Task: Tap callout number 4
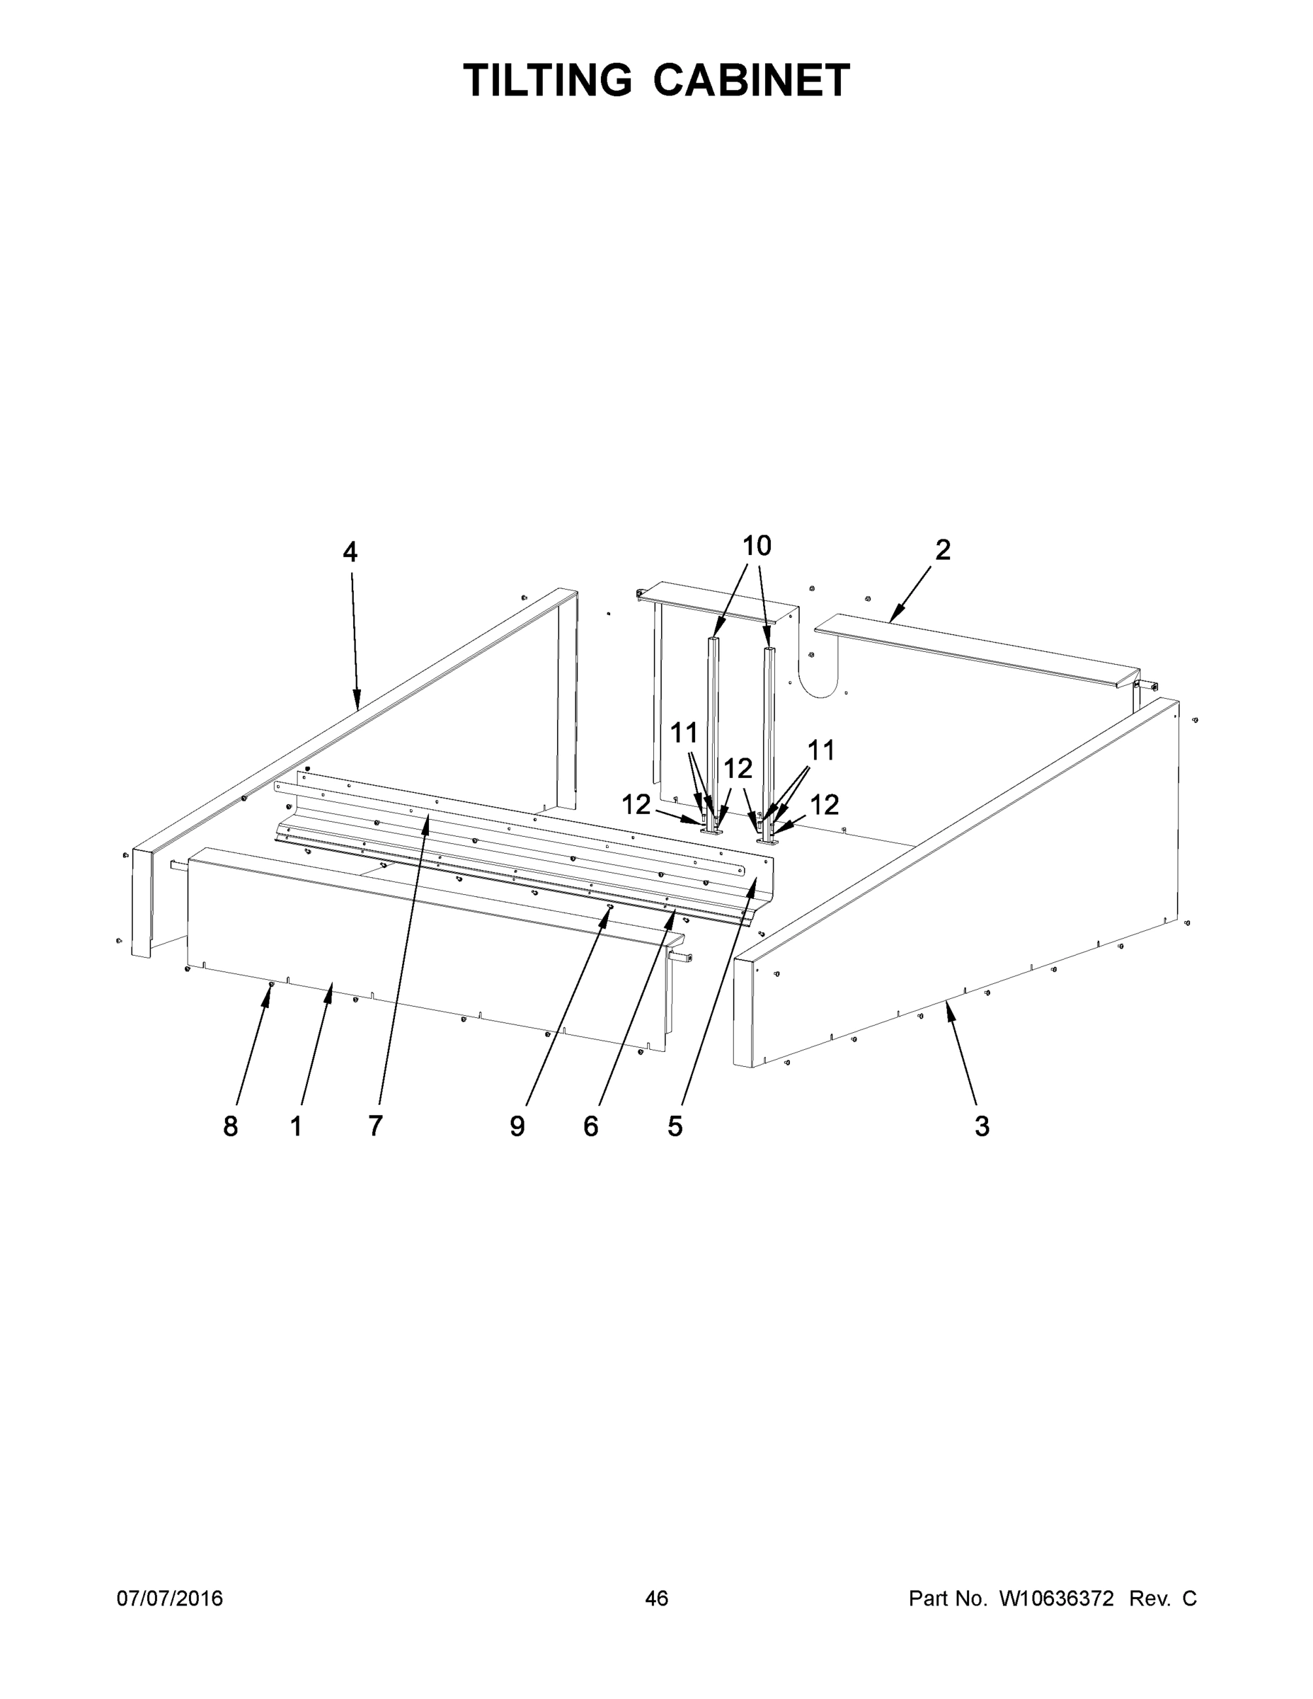click(350, 552)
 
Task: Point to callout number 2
click(942, 551)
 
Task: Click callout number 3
click(982, 1126)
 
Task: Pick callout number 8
click(230, 1126)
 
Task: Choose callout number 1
click(296, 1126)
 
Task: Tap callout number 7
click(375, 1126)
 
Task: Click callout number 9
click(517, 1126)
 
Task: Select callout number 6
click(591, 1126)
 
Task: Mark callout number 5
click(675, 1126)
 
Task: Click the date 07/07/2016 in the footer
click(170, 1598)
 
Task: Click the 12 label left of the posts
click(636, 804)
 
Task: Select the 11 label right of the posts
click(820, 750)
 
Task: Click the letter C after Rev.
click(1189, 1598)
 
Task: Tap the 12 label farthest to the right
click(825, 804)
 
